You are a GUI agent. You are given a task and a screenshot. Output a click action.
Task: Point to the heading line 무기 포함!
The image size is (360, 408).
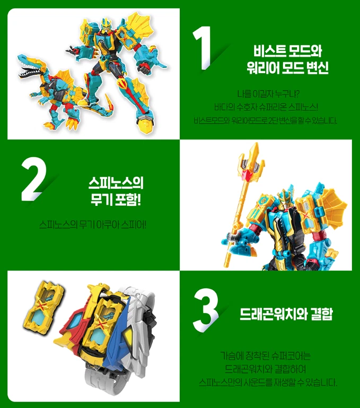116,200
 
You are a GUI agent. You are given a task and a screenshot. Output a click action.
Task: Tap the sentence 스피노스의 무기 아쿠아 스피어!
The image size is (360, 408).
93,224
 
